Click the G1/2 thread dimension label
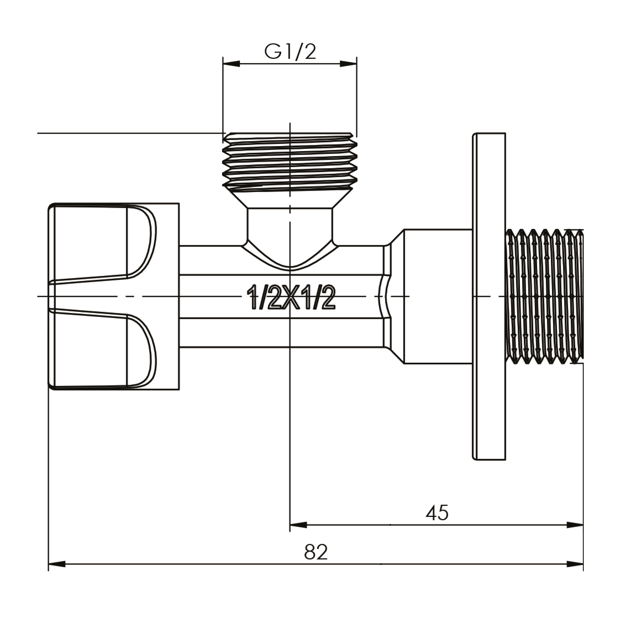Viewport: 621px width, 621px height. point(290,51)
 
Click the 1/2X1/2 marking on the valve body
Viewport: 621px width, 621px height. point(291,298)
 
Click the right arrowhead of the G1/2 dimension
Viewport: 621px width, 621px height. point(349,64)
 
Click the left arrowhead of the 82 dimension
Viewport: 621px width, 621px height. point(57,564)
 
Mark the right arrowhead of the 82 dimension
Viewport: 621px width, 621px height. point(575,564)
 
